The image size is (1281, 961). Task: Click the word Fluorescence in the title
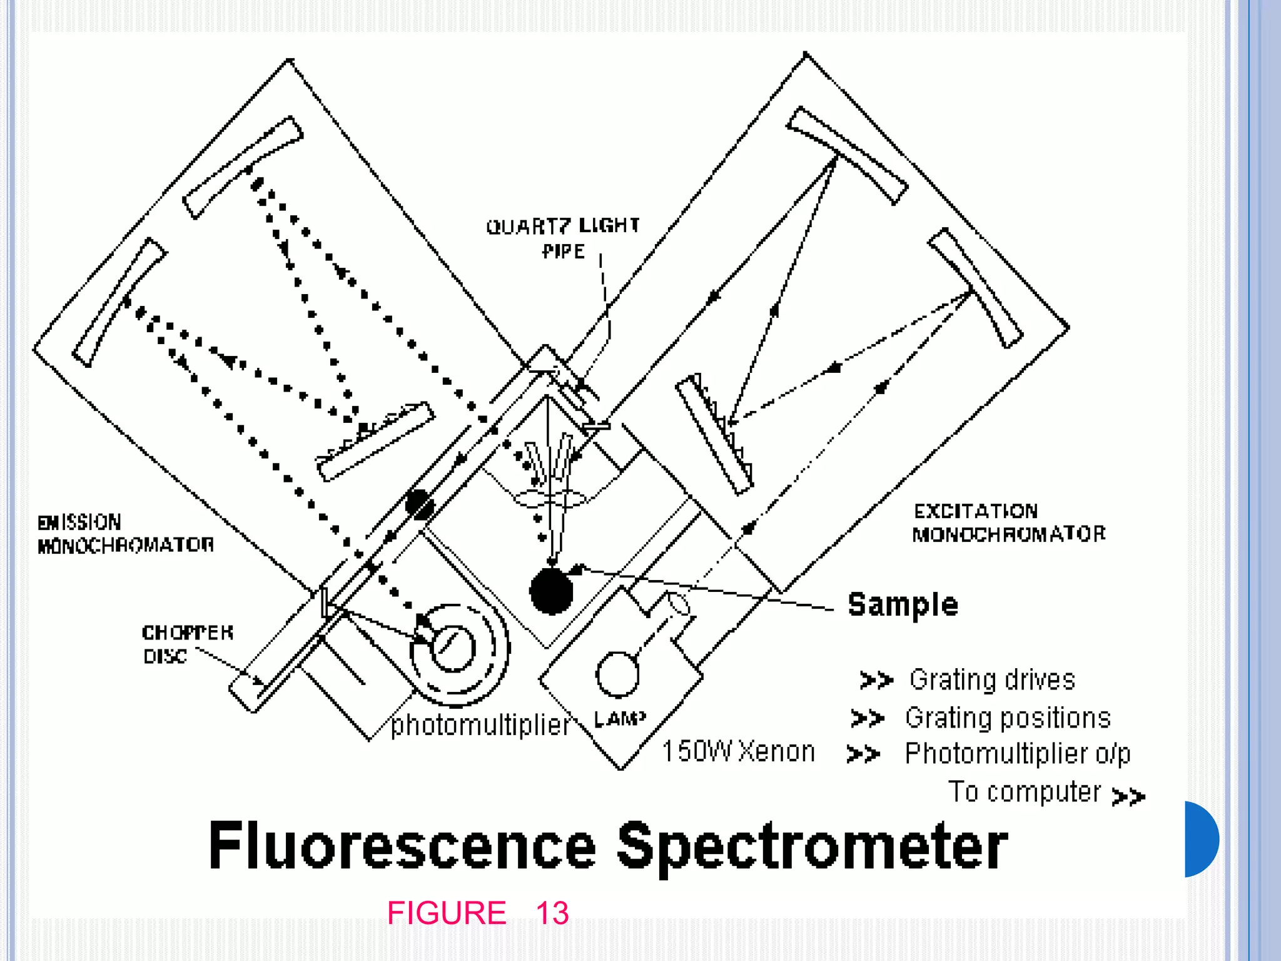coord(402,846)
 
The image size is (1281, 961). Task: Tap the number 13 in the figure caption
coord(552,913)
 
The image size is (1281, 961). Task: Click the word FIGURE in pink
coord(447,913)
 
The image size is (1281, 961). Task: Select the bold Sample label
coord(903,604)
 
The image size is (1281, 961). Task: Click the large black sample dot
coord(551,591)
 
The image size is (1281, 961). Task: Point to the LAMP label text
coord(619,719)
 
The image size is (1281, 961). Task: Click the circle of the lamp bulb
coord(617,674)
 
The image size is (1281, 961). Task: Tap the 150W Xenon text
coord(738,751)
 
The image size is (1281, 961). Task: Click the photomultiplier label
coord(480,725)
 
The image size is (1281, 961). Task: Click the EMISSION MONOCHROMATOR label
coord(125,534)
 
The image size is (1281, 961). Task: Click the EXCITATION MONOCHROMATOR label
coord(1008,522)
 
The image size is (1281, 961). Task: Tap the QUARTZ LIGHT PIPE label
coord(563,238)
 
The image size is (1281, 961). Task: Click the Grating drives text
coord(992,679)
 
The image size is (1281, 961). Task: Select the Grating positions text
coord(1008,718)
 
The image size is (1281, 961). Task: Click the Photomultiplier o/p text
coord(1018,754)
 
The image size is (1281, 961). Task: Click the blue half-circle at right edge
coord(1201,839)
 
